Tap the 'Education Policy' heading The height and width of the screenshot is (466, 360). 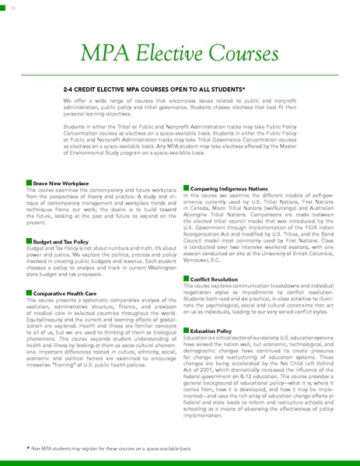click(211, 331)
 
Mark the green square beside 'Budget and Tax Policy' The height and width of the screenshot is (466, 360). click(29, 242)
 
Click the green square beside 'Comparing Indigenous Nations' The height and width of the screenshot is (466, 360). click(185, 189)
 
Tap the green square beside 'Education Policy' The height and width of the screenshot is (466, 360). click(185, 331)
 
